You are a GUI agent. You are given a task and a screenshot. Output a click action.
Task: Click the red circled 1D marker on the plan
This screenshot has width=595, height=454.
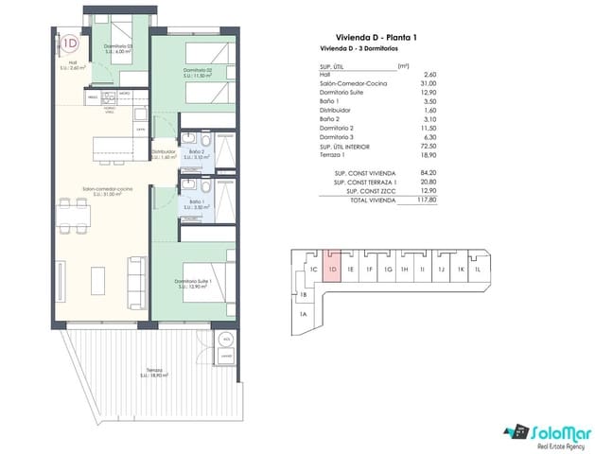click(x=69, y=42)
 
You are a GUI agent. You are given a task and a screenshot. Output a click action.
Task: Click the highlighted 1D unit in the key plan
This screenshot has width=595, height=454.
click(x=332, y=268)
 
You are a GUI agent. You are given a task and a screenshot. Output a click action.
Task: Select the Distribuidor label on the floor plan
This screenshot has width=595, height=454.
click(x=165, y=152)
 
